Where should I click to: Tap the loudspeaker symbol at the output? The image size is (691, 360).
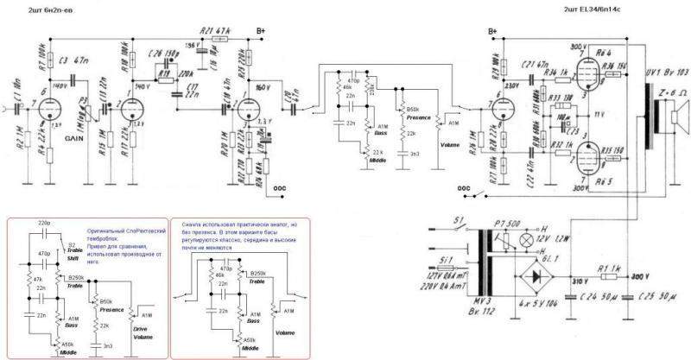click(675, 113)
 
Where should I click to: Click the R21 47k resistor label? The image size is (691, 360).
click(212, 30)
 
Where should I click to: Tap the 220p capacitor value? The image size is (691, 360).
click(47, 223)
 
